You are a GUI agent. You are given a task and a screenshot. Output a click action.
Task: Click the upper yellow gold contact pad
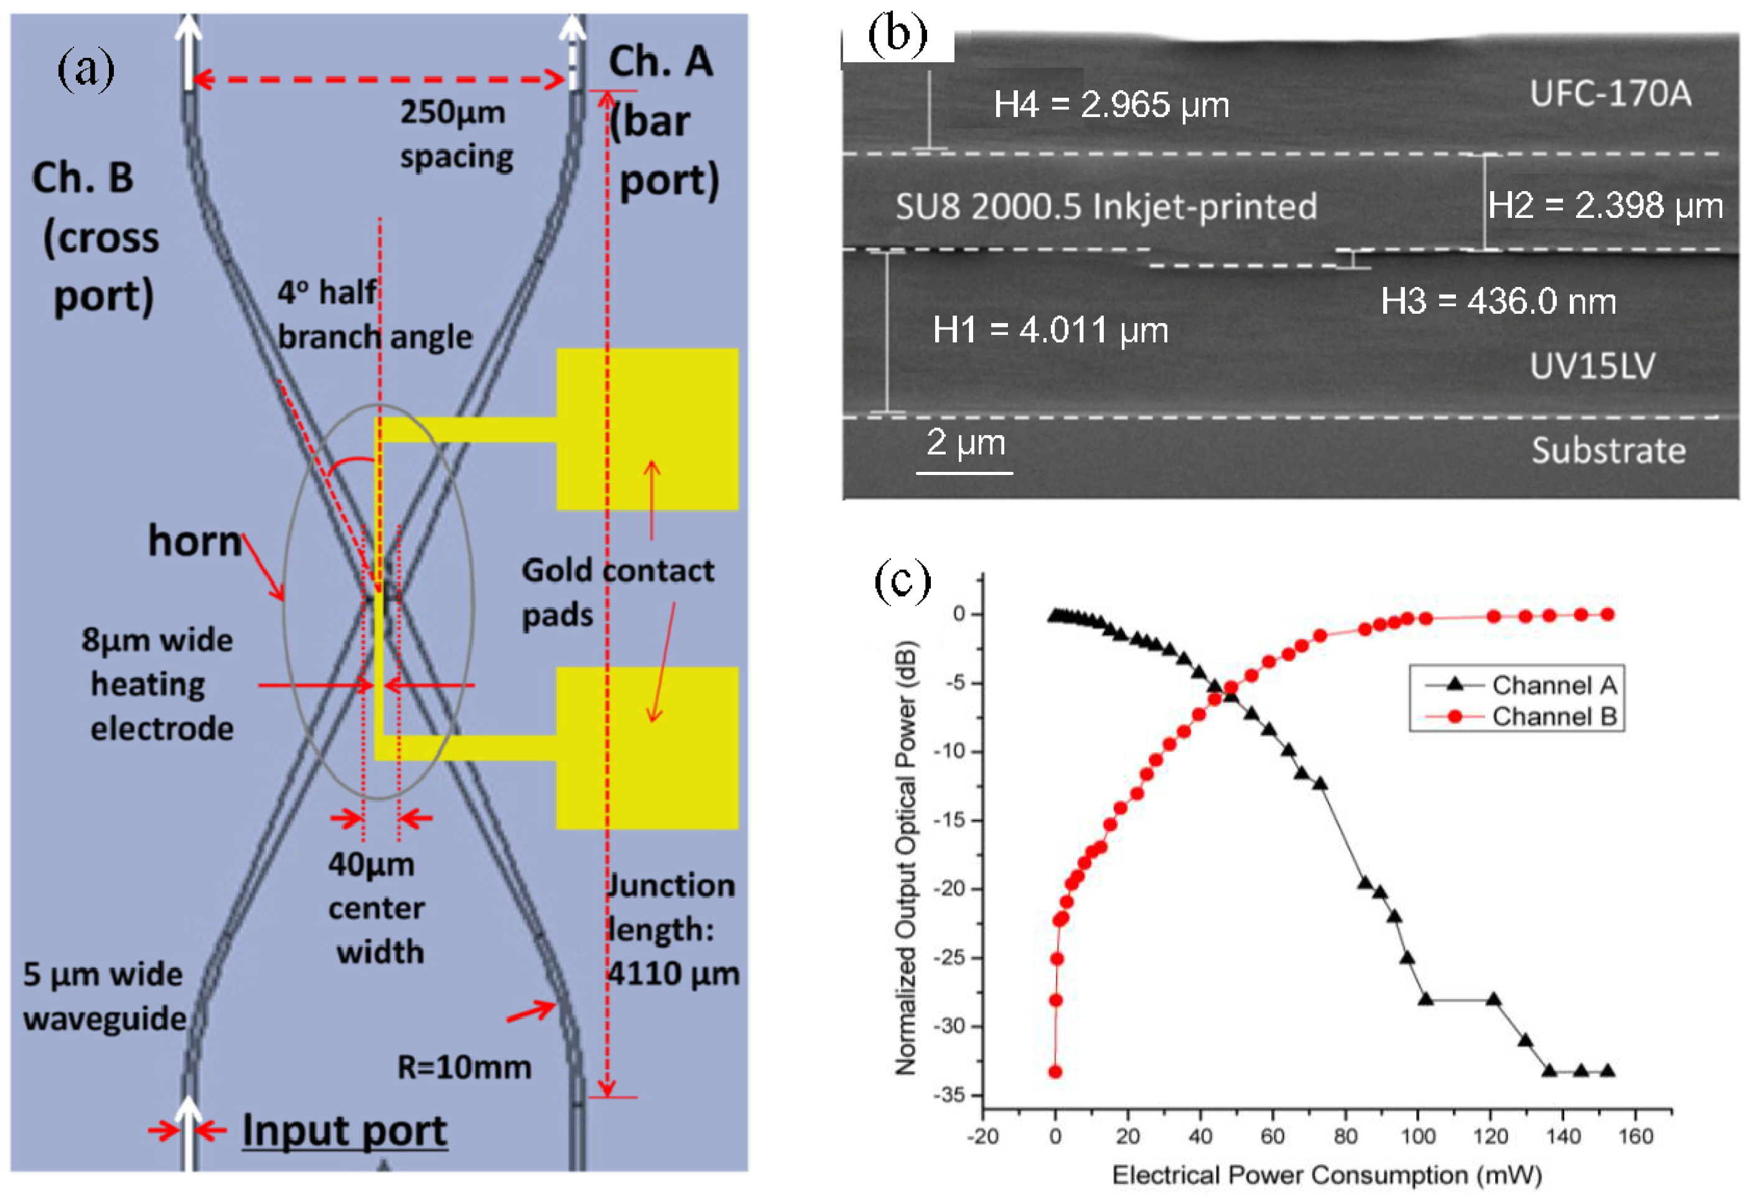coord(647,428)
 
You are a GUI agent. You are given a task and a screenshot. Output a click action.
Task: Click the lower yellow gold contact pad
coord(647,748)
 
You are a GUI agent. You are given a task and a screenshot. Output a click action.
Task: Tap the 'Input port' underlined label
coord(345,1131)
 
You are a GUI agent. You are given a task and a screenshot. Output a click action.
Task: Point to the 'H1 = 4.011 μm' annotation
coord(1050,330)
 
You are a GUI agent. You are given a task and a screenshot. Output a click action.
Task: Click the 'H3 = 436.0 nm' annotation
coord(1498,301)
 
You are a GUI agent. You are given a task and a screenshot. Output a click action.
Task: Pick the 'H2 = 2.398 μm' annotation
coord(1605,205)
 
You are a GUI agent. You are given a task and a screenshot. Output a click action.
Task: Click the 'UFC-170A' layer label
coord(1610,93)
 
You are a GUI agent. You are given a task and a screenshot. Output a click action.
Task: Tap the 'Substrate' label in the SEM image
coord(1608,451)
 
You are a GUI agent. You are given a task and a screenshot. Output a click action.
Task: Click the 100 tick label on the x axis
coord(1417,1136)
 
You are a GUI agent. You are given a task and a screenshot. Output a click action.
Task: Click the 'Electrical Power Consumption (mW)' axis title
coord(1326,1175)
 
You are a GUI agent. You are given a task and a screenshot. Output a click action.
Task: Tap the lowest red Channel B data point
coord(1055,1071)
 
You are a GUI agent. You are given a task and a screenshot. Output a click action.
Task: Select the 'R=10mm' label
coord(464,1067)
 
